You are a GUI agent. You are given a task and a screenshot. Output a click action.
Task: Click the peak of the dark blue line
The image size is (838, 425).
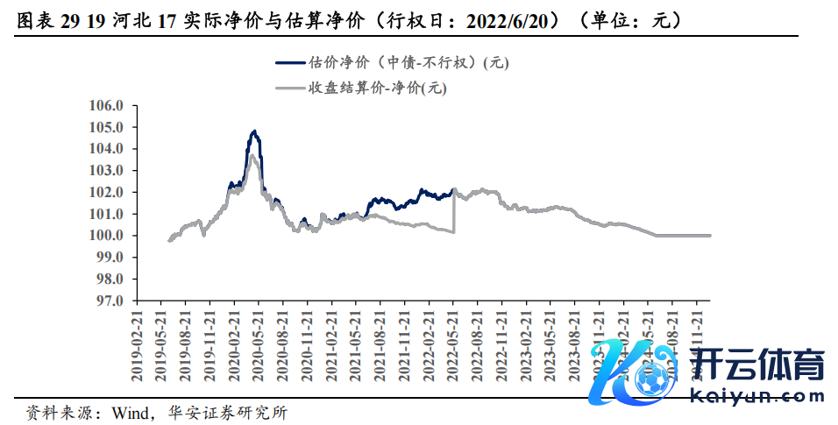(x=254, y=131)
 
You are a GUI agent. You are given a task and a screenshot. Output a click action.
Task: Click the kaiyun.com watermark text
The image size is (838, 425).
(x=758, y=396)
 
